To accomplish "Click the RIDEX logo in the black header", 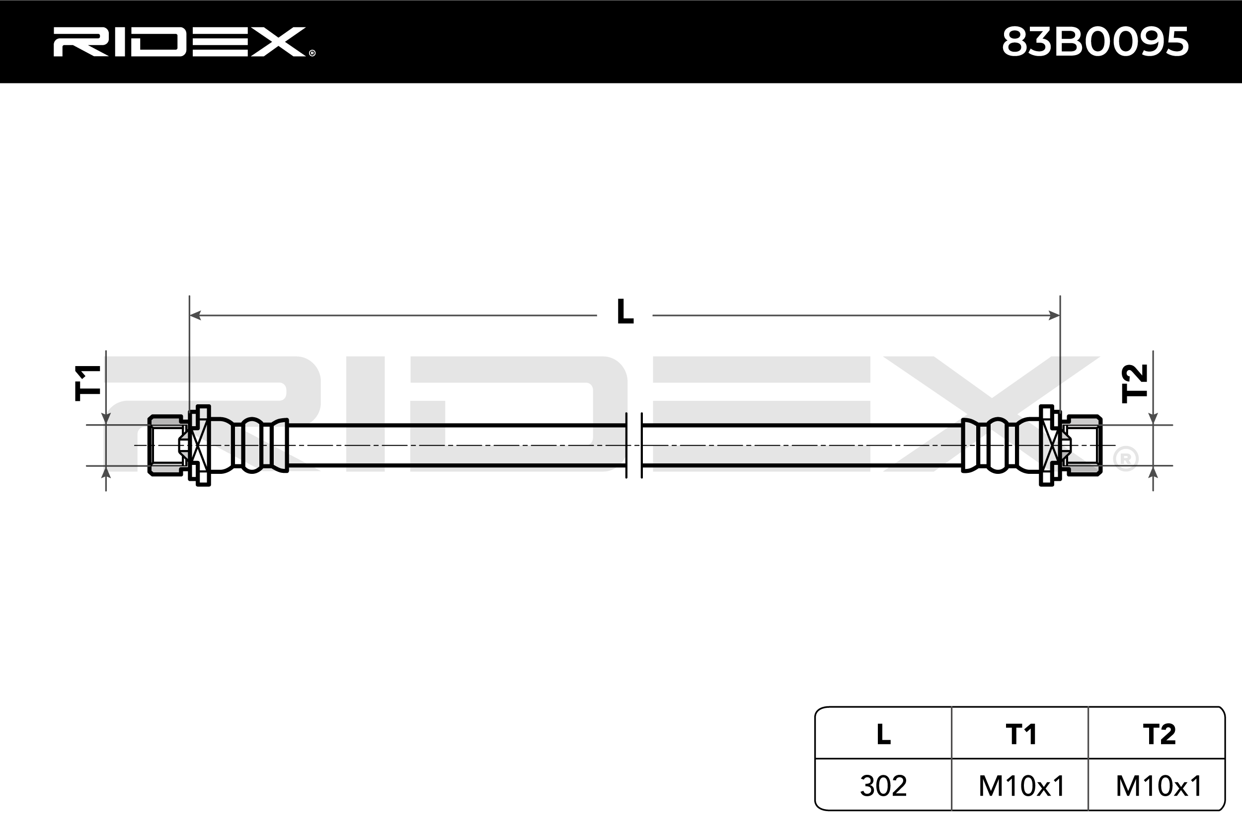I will point(179,42).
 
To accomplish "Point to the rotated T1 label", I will point(87,382).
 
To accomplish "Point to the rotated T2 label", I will point(1134,383).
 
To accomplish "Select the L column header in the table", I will point(883,734).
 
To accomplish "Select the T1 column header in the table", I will point(1021,734).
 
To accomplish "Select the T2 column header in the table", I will point(1159,734).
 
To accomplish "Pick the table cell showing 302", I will point(883,786).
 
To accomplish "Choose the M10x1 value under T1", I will point(1021,786).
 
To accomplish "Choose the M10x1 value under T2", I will point(1159,786).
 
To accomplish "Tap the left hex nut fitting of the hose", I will point(167,445).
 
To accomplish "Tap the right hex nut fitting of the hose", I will point(1083,445).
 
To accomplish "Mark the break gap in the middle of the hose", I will point(634,445).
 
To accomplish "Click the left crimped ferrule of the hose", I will point(253,445).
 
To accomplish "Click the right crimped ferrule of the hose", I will point(996,445).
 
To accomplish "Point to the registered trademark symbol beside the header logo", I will point(312,53).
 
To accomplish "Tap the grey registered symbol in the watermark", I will point(1125,459).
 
